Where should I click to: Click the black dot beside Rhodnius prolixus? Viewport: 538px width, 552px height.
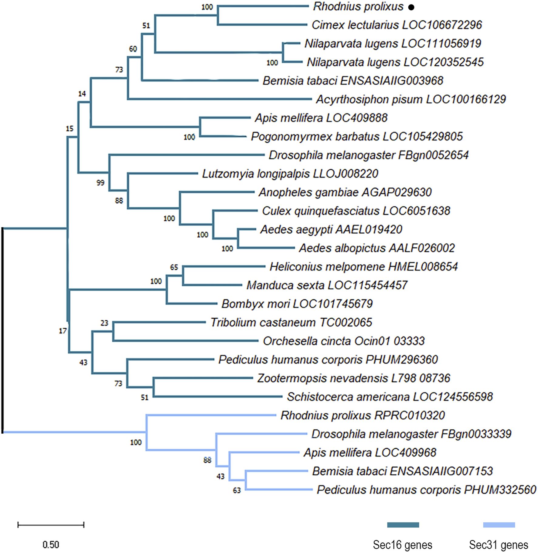(411, 7)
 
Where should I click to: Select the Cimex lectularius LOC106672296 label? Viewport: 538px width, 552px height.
(397, 25)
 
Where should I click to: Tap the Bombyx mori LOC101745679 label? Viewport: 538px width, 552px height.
(297, 304)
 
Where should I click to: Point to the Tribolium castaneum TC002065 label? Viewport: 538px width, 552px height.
(291, 322)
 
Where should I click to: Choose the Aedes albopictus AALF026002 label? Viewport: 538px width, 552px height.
(377, 248)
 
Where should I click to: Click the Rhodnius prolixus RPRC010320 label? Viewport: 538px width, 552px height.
(363, 415)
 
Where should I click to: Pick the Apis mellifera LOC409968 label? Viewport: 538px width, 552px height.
(370, 453)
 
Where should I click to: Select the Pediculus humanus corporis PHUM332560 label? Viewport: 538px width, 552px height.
(426, 490)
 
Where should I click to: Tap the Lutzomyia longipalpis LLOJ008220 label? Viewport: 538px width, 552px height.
(290, 174)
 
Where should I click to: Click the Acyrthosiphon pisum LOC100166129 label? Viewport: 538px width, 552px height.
(411, 100)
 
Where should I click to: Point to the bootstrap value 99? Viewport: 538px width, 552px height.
(100, 183)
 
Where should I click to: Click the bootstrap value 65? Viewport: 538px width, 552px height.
(174, 267)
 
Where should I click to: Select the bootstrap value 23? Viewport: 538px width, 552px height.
(104, 323)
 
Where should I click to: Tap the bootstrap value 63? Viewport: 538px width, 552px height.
(237, 490)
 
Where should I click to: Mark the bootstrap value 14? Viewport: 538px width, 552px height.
(82, 94)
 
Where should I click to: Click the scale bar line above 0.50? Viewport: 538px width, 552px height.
(51, 525)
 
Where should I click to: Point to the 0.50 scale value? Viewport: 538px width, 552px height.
(51, 544)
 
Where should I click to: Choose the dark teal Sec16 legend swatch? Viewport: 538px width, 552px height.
(403, 525)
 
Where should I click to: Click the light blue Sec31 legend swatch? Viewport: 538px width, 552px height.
(499, 525)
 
